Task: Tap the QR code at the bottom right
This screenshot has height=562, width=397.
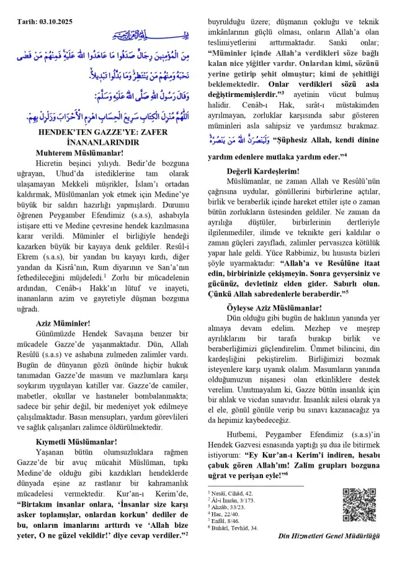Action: [359, 505]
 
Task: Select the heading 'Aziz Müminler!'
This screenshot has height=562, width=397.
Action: [63, 323]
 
